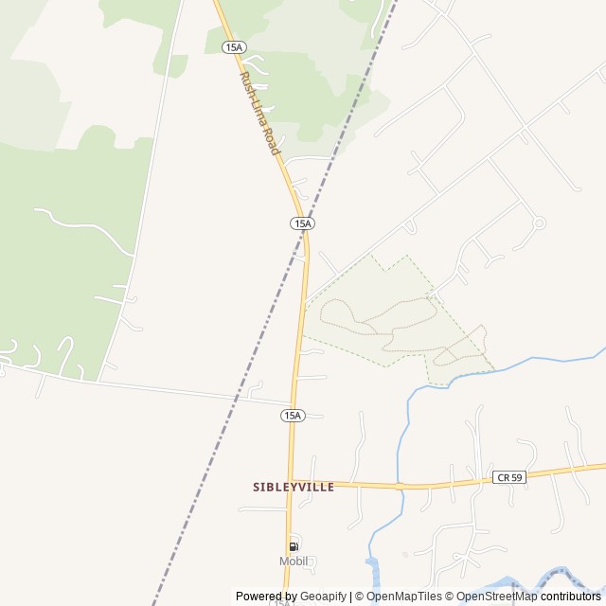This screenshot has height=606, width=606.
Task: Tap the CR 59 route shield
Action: coord(508,478)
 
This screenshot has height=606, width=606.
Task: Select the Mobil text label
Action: coord(294,561)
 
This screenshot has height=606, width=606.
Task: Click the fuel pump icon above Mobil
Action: coord(294,546)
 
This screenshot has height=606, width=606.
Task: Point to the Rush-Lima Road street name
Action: coord(260,114)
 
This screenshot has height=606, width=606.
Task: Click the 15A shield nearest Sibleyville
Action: coord(293,416)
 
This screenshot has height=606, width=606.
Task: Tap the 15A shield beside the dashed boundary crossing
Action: coord(302,223)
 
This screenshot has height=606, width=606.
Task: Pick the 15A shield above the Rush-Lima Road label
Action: coord(234,46)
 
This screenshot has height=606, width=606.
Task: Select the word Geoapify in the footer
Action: coord(325,597)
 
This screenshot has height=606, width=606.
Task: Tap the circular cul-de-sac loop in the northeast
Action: coord(539,223)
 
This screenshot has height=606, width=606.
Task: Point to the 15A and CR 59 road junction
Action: coord(291,483)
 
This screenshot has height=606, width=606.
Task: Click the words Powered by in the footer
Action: coord(265,597)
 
